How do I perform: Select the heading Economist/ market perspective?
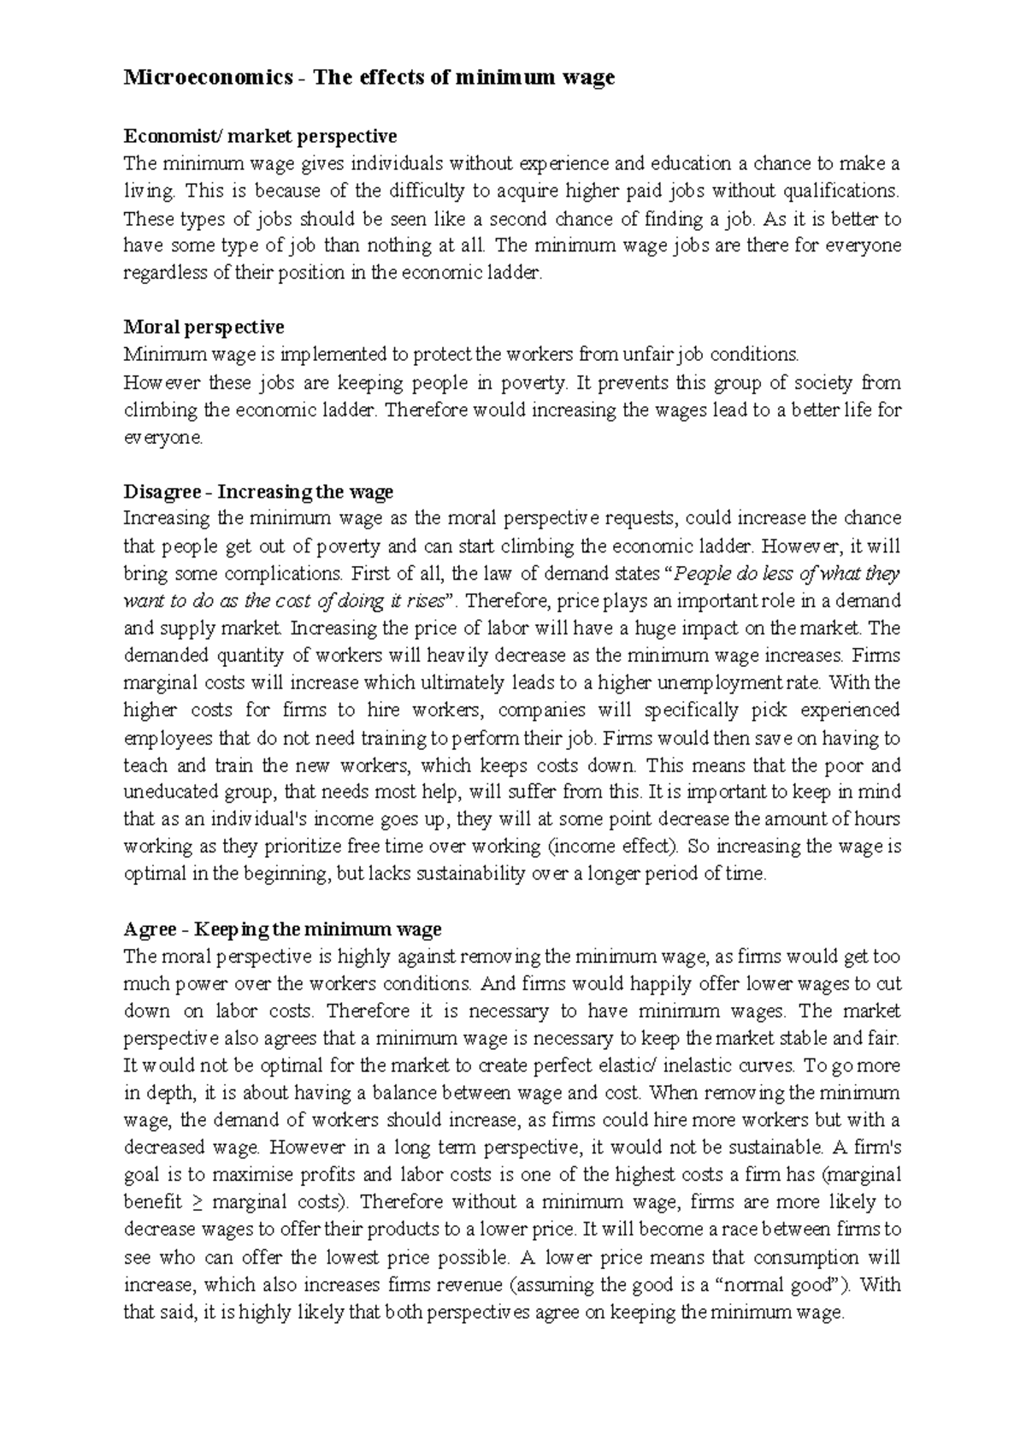[x=260, y=136]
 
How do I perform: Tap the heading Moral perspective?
[x=203, y=327]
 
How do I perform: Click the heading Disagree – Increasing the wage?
[x=258, y=492]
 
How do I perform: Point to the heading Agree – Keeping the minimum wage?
[x=282, y=929]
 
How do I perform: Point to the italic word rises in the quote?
[x=426, y=601]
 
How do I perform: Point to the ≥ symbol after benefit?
[x=196, y=1203]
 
